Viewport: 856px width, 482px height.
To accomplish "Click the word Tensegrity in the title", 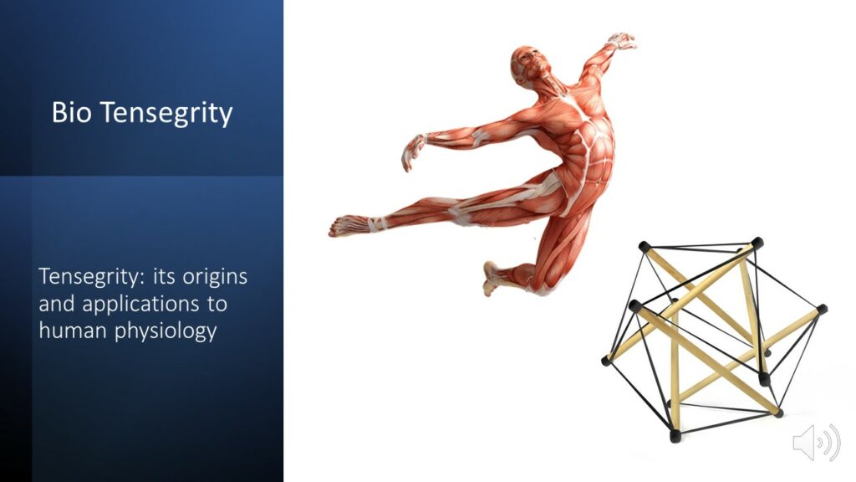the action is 166,114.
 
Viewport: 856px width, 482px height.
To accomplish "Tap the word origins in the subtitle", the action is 215,277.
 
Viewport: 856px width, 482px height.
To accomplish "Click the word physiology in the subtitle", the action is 166,331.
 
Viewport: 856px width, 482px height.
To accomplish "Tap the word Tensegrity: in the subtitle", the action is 92,277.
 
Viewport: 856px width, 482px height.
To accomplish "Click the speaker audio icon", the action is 816,442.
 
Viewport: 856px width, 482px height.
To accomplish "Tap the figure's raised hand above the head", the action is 622,42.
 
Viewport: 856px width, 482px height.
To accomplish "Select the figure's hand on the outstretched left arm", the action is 413,152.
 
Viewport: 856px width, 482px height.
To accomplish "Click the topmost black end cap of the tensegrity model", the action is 757,243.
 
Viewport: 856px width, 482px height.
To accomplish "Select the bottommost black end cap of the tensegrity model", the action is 675,435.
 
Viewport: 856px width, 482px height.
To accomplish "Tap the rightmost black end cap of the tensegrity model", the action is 823,310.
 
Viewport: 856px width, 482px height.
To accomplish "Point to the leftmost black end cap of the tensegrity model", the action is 606,361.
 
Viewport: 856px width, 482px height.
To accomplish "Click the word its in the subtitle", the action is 164,276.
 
